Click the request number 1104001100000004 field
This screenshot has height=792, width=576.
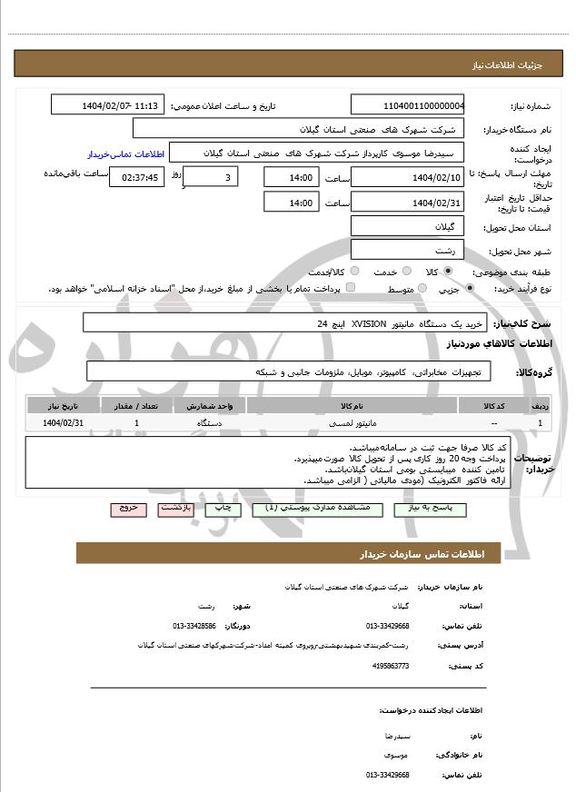point(407,104)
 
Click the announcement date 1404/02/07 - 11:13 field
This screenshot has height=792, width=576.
point(108,104)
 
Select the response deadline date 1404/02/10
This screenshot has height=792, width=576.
point(407,177)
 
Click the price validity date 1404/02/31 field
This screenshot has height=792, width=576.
point(407,203)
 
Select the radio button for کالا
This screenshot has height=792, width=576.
point(448,271)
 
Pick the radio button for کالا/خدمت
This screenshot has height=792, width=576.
point(354,271)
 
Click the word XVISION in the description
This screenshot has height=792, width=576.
point(369,323)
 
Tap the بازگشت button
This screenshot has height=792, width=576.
point(178,510)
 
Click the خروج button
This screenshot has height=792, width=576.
point(126,510)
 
